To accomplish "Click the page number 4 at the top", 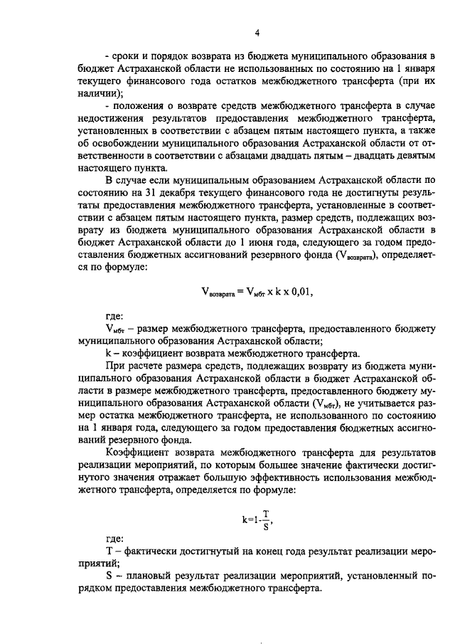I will (x=257, y=31).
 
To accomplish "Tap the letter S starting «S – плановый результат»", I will (x=108, y=577).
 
